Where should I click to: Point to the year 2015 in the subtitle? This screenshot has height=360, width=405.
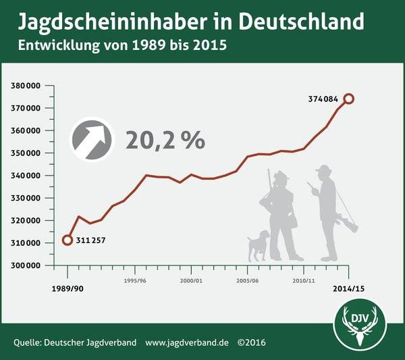[209, 47]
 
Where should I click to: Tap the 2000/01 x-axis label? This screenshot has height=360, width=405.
[191, 279]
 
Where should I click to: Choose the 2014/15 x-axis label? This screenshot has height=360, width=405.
[348, 288]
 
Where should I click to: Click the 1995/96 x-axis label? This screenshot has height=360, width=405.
[135, 279]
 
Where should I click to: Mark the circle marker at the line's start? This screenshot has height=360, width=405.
[67, 240]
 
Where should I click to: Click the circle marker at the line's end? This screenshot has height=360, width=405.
[348, 99]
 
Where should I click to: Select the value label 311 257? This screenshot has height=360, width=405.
[91, 240]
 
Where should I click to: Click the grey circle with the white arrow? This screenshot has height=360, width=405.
[94, 140]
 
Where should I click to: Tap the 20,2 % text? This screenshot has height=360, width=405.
[165, 140]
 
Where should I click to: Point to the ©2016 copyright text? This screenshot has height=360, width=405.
[251, 342]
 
